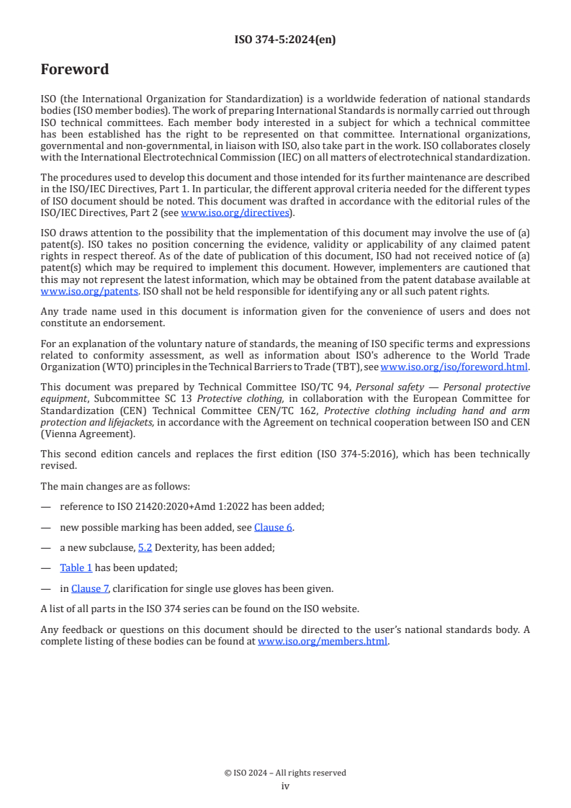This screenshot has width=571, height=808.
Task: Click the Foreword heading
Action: click(75, 70)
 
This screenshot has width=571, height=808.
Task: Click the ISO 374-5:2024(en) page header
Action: click(285, 40)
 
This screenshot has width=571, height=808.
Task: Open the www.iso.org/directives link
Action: click(235, 212)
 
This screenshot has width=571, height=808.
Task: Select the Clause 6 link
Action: click(273, 527)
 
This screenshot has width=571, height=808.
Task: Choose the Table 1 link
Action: click(76, 567)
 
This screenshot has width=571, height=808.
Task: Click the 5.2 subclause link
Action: click(145, 547)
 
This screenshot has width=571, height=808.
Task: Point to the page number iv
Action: click(285, 786)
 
